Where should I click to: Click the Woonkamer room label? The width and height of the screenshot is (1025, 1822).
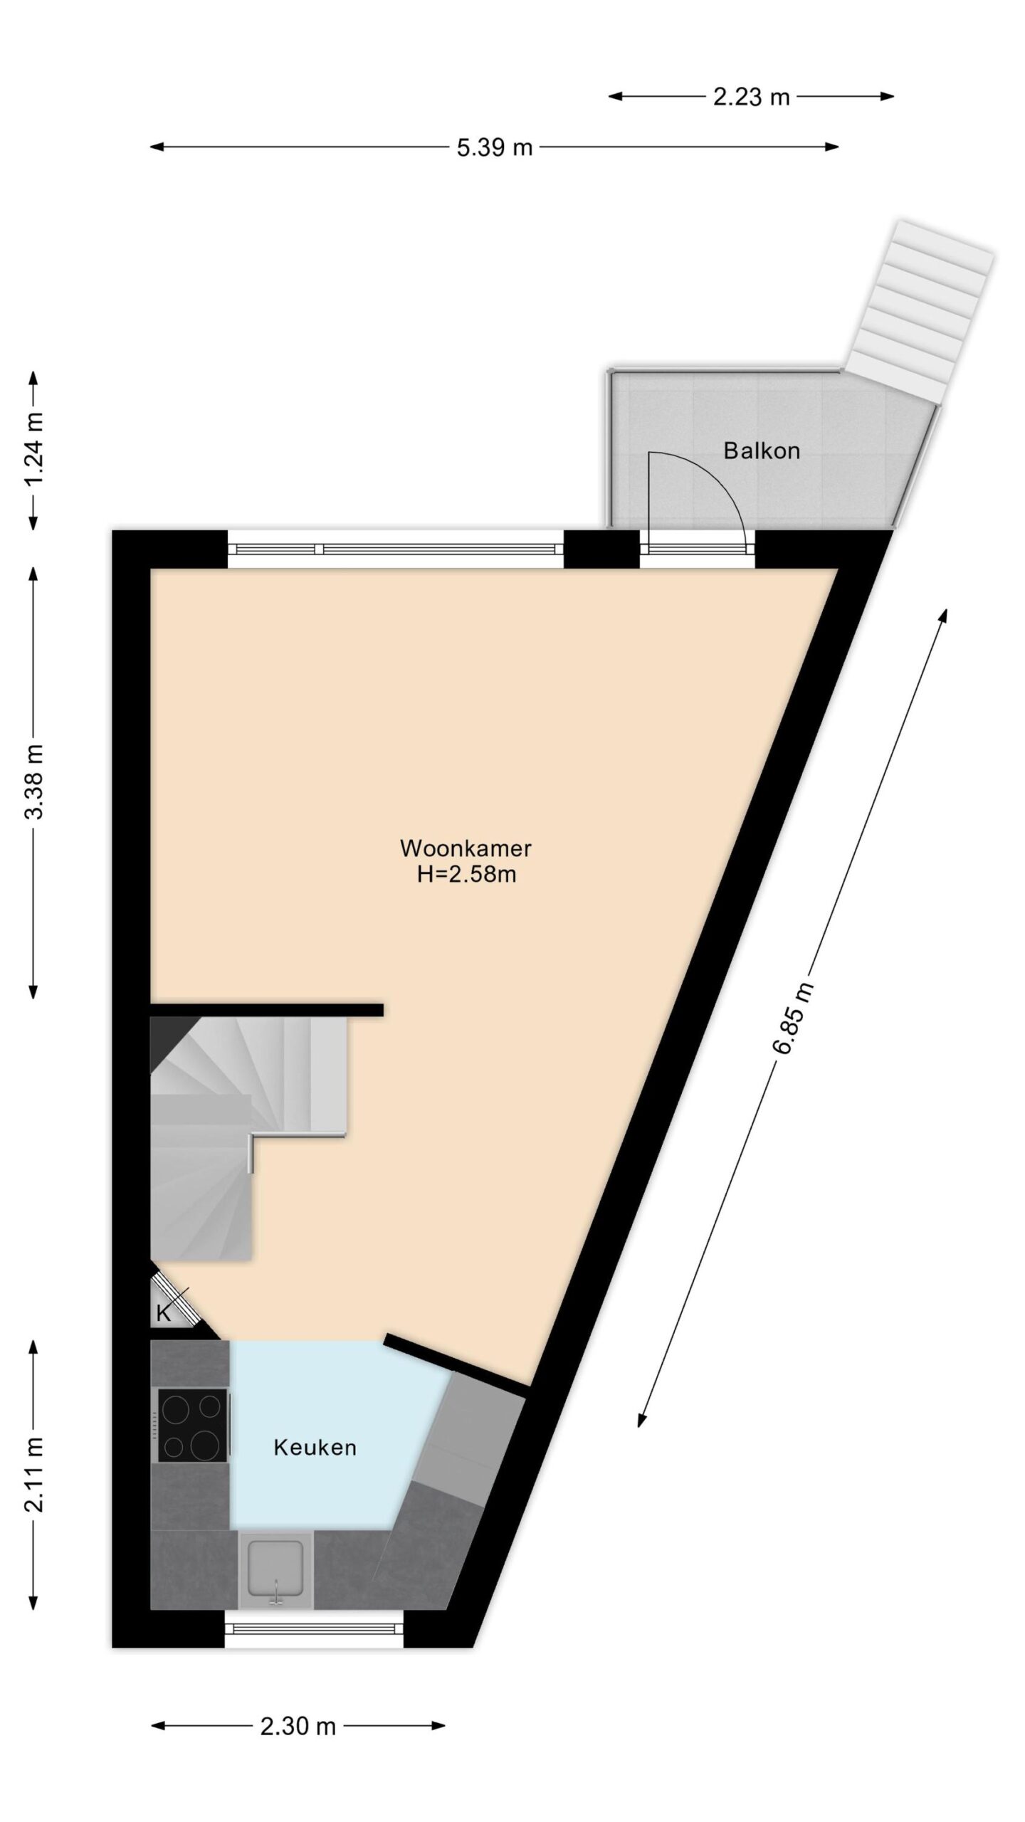[466, 848]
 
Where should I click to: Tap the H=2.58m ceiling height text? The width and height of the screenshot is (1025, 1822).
[466, 874]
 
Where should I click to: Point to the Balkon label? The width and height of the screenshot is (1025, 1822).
[762, 451]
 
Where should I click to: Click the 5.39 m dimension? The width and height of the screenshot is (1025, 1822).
[495, 147]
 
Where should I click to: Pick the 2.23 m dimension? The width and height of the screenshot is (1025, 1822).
[752, 97]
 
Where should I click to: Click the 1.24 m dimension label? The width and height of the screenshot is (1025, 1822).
[33, 451]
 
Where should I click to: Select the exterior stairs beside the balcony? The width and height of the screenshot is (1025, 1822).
[918, 310]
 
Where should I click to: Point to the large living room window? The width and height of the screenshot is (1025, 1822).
[396, 549]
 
